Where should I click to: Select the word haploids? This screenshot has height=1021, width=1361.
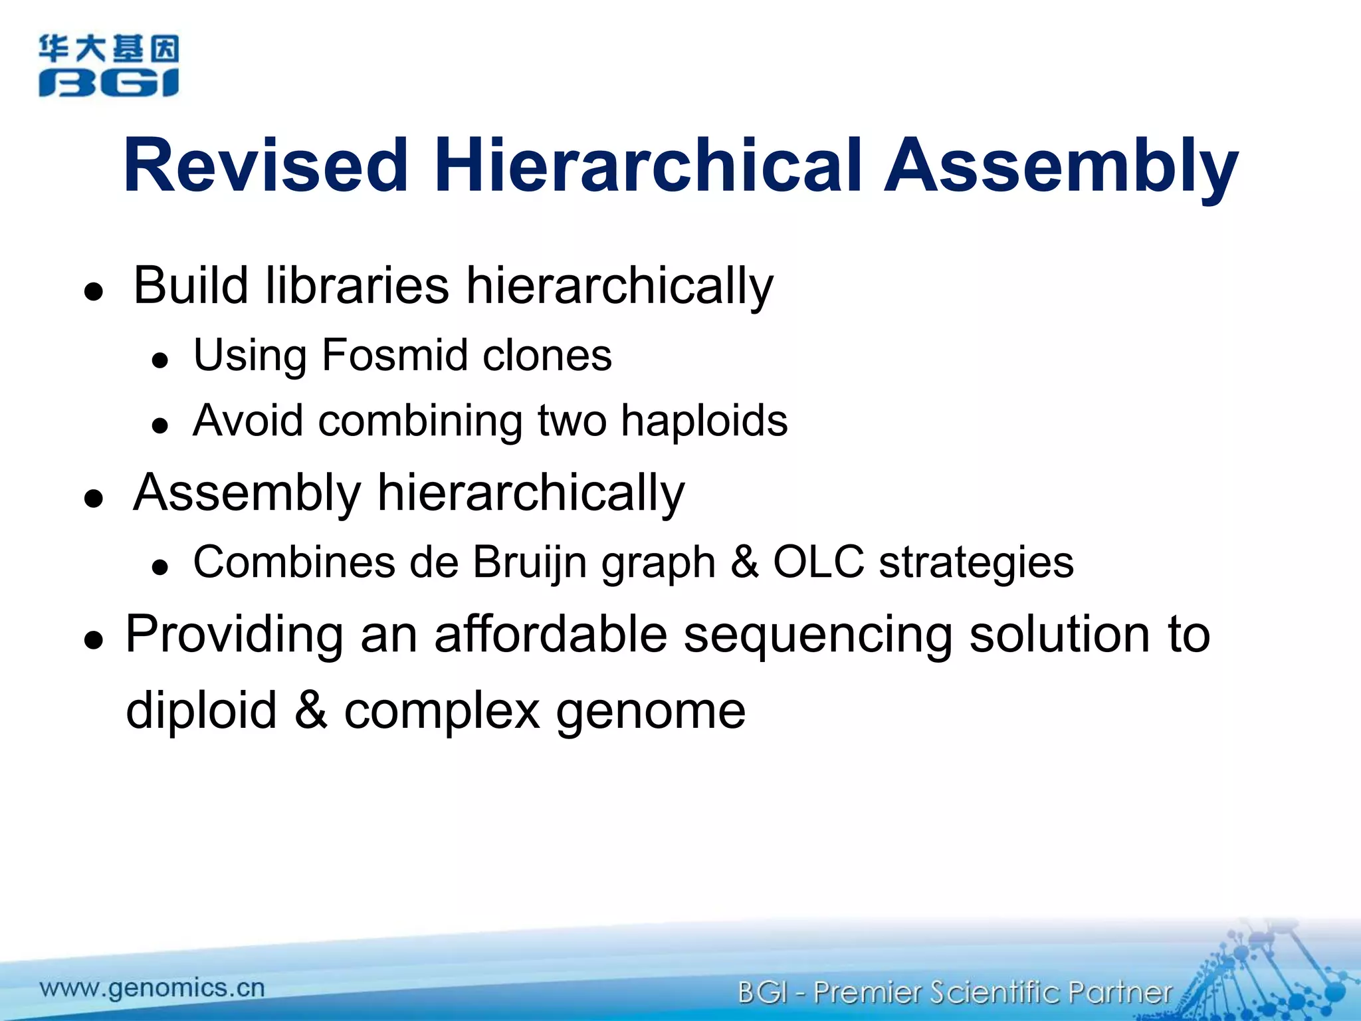(x=704, y=421)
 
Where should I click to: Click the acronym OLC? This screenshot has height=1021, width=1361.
(x=818, y=562)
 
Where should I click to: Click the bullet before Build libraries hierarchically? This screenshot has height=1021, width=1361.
(x=94, y=291)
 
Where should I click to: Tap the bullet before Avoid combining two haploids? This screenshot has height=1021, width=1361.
(x=159, y=425)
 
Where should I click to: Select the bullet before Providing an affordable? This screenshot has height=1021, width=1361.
(x=94, y=639)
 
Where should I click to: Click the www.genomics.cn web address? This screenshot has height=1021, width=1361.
(x=152, y=988)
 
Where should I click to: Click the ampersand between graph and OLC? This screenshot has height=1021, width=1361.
(x=744, y=562)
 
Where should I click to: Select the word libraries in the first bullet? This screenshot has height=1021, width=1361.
(x=357, y=286)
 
